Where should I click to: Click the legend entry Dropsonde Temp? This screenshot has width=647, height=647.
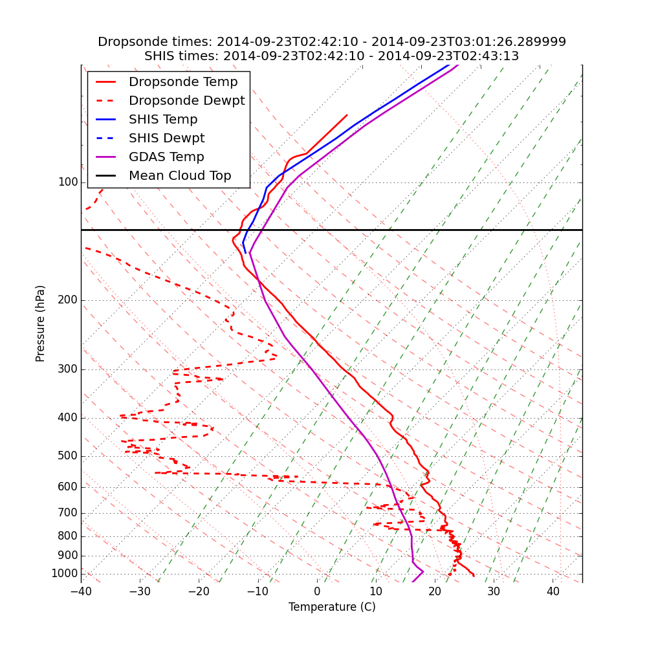(183, 82)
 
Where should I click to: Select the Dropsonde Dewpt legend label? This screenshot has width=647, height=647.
(186, 101)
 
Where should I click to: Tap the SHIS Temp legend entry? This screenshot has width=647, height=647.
(163, 120)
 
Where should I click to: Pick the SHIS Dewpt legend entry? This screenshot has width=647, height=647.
(166, 138)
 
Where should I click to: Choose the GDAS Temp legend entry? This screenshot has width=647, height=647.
(166, 157)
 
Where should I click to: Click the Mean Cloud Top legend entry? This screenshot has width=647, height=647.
(180, 176)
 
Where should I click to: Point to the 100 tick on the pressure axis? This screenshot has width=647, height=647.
(68, 182)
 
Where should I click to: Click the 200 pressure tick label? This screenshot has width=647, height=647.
(68, 300)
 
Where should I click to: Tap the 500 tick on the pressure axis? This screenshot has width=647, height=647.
(68, 456)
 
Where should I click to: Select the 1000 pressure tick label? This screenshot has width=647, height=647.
(65, 574)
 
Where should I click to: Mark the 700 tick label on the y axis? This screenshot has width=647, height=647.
(68, 513)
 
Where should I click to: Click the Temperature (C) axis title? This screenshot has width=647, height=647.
(332, 607)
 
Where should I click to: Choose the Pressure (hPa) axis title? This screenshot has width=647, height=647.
(41, 323)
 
